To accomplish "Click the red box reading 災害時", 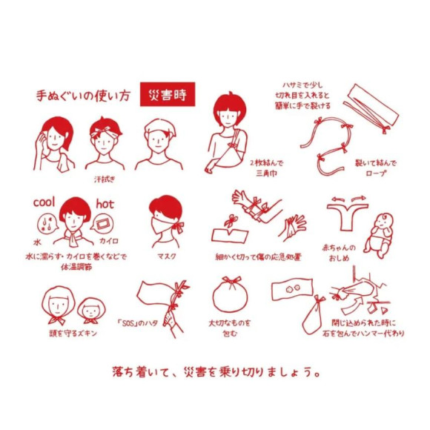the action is [168, 94].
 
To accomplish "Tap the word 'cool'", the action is [44, 202].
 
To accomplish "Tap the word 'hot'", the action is [105, 204].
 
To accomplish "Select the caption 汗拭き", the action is [105, 179].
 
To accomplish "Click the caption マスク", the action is [167, 257].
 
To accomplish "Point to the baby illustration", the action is [379, 236].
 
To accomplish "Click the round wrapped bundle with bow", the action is [230, 294].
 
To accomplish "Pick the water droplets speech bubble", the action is [47, 223].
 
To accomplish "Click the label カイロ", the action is [109, 241].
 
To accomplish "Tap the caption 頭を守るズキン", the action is [73, 333].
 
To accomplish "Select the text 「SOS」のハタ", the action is [137, 323].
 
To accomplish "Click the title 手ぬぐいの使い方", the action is [82, 96].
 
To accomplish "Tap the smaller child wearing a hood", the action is [90, 311].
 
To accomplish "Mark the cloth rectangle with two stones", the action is [292, 289].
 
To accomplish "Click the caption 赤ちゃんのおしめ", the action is [339, 253].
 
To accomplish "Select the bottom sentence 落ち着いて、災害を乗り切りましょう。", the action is [216, 372].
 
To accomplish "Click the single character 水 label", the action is [37, 242].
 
